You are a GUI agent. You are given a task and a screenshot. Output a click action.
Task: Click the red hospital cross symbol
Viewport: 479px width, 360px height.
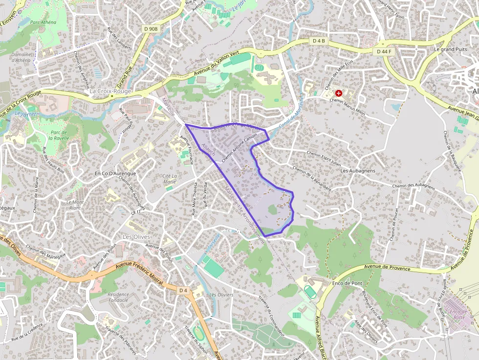338,93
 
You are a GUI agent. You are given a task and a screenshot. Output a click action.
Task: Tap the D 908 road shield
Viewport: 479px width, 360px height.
151,29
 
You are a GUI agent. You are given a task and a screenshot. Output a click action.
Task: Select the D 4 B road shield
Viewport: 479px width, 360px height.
319,41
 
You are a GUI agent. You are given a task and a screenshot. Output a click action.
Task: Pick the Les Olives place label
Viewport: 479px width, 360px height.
135,237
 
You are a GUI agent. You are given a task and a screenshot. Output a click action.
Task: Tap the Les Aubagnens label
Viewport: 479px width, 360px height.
358,171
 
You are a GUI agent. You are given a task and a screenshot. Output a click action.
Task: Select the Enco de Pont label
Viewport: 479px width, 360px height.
347,283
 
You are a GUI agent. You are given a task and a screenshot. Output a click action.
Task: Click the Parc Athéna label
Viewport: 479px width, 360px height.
43,22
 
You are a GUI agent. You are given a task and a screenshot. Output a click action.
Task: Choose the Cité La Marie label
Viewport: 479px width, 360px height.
169,179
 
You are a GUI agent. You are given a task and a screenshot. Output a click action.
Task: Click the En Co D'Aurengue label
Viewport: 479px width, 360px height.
115,173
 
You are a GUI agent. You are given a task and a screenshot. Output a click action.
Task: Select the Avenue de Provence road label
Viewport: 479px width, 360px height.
391,267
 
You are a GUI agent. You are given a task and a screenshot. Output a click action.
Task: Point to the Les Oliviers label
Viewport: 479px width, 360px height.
221,295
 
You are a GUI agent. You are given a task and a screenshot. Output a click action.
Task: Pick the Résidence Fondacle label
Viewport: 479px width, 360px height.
118,297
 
